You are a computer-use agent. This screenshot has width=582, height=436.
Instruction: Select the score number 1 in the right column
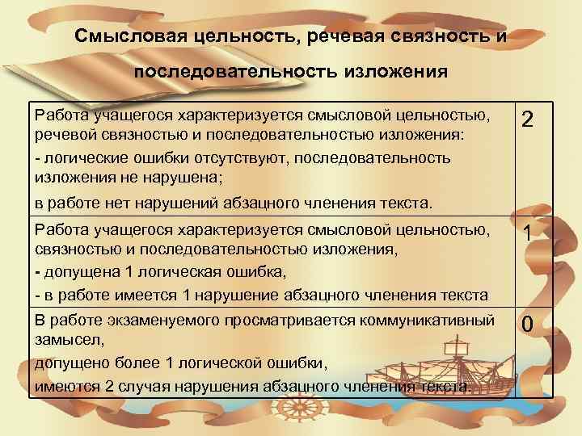526,234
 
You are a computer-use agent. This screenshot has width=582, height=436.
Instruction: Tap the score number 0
526,325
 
